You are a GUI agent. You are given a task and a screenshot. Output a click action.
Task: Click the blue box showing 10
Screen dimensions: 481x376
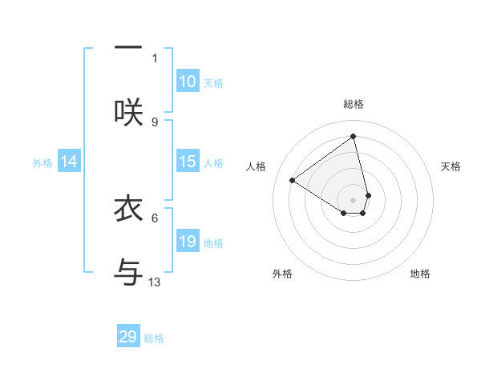[188, 82]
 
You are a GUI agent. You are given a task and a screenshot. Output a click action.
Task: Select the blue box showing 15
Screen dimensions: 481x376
[188, 162]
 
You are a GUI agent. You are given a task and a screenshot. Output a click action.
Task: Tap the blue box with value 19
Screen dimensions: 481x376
[188, 242]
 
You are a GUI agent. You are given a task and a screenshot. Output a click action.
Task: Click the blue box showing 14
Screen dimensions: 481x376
[69, 162]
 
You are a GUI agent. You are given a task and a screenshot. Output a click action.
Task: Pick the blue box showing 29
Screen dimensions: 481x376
[128, 337]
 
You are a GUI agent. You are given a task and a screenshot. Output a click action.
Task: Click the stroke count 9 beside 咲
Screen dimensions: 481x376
[155, 122]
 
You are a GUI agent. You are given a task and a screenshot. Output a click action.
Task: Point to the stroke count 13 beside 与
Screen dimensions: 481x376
[155, 282]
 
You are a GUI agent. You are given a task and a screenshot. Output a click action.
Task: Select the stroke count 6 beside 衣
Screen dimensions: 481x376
[155, 217]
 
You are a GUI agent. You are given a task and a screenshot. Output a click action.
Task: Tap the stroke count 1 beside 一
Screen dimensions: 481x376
[155, 58]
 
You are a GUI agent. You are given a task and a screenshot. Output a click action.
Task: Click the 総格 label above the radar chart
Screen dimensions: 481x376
[354, 104]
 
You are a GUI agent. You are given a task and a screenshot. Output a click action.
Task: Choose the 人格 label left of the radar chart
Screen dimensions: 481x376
[257, 166]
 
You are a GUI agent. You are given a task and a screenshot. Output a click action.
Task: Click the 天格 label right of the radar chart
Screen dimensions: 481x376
[451, 166]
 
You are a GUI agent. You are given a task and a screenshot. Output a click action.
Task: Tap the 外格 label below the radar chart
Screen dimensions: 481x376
[282, 274]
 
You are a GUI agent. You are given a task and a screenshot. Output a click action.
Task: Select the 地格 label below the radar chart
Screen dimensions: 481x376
[420, 274]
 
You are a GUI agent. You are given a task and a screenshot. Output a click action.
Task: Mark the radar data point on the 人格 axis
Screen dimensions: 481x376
[293, 180]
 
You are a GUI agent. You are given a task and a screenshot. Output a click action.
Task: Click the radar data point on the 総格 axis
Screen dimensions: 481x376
[354, 137]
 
